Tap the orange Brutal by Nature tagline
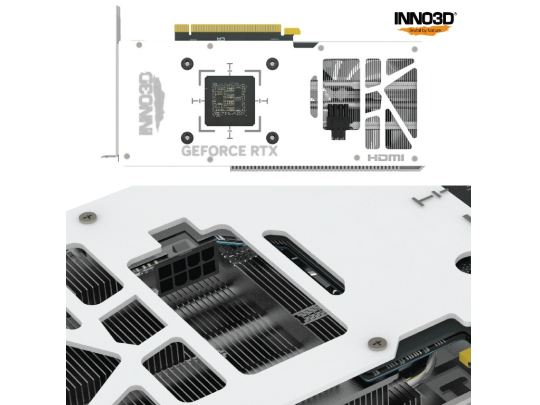[425, 30]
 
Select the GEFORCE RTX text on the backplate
[229, 151]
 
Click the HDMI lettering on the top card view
[385, 158]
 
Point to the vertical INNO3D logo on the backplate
[151, 103]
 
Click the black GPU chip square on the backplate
[230, 101]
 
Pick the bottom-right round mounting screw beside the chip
[273, 138]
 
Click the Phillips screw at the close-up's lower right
[378, 343]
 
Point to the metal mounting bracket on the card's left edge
[116, 83]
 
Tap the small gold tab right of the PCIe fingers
[291, 31]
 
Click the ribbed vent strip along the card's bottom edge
[327, 168]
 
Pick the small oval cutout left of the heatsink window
[313, 97]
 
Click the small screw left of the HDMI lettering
[357, 158]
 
